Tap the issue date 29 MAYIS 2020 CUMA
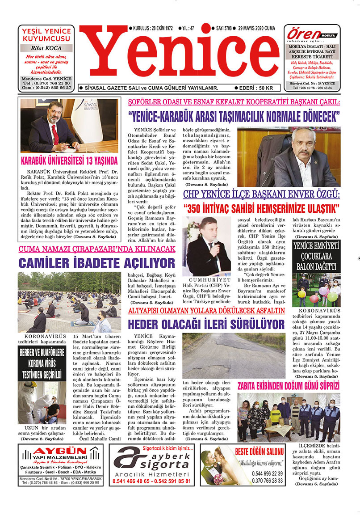(257, 28)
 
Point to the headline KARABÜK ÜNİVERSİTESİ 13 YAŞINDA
(69, 161)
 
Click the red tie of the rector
(55, 134)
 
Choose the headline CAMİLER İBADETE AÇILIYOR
(96, 262)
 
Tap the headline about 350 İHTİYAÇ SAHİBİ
(261, 208)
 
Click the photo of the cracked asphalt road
(234, 355)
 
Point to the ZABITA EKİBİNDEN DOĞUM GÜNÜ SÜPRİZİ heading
(289, 386)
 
